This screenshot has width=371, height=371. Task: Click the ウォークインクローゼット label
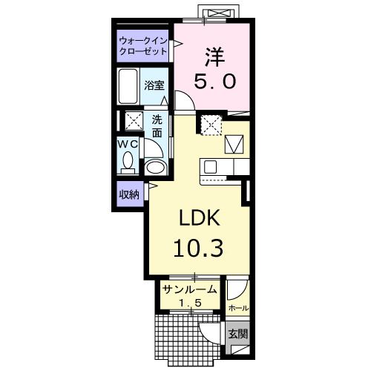point(143,46)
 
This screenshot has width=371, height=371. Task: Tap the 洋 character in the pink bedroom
point(214,57)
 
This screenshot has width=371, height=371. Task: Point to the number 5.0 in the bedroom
point(214,82)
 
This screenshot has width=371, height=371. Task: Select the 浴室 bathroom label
point(154,85)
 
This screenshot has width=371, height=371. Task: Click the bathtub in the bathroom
point(128,87)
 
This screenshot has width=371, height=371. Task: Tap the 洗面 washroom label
point(157,126)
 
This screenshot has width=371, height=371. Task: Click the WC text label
point(127,145)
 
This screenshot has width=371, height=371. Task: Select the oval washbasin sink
point(154,167)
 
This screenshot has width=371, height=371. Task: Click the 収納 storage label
point(129,195)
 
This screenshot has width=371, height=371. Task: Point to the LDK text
point(200,217)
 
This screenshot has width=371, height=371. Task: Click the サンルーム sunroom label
point(190,289)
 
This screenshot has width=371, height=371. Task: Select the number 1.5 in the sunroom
point(190,302)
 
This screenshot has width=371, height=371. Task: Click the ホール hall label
point(238,308)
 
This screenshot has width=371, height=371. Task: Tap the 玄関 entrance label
point(237,335)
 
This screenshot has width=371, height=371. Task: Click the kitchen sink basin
point(210,167)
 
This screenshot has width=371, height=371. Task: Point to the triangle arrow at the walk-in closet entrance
point(177,44)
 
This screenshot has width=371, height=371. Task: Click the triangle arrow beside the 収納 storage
point(153,186)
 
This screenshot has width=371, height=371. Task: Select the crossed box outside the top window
point(219,13)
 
